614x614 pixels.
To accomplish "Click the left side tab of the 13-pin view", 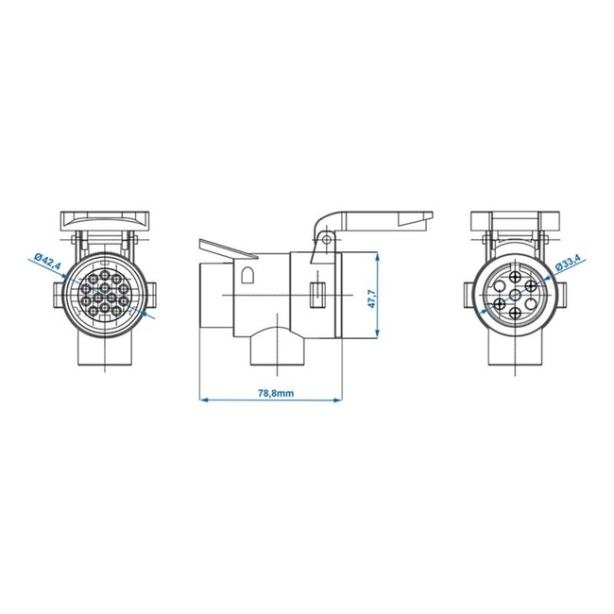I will tap(60, 291).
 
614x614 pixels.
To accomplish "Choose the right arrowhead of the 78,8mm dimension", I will tap(337, 401).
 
